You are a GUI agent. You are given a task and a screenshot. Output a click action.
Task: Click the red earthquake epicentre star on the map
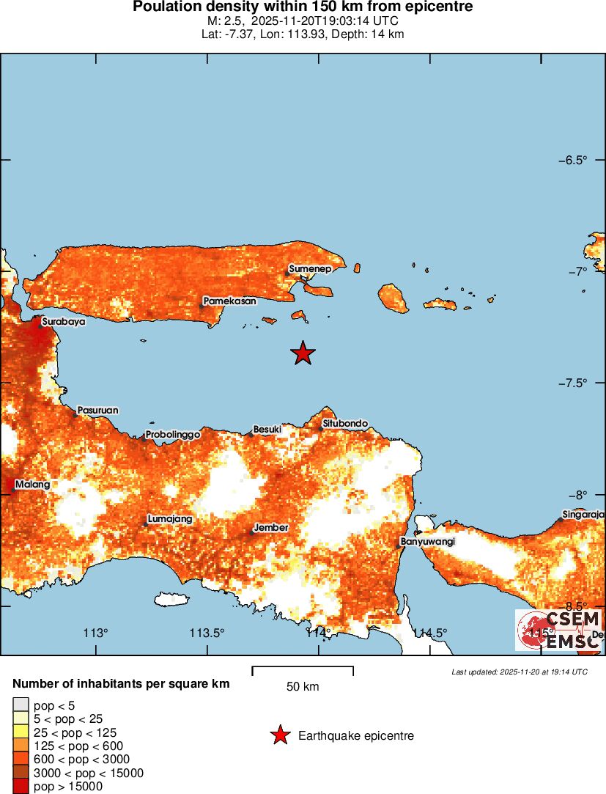coord(303,353)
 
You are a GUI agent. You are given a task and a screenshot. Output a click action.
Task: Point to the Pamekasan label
coord(230,301)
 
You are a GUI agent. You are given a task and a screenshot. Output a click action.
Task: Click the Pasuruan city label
coord(97,411)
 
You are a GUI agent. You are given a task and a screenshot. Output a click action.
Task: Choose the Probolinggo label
coord(173,435)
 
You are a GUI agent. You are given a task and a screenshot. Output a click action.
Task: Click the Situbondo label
coord(345,423)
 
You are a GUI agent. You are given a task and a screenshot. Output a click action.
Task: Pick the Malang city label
coord(32,485)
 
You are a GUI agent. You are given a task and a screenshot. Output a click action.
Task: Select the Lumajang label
coord(170,519)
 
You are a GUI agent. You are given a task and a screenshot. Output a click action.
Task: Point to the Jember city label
coord(271,528)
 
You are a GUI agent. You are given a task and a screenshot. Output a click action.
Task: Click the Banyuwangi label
coord(428,542)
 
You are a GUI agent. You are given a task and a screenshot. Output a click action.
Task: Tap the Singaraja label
coord(583,514)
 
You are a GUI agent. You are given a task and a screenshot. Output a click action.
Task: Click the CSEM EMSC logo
coord(558,630)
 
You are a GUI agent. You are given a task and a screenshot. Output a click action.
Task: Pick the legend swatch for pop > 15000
coord(21,786)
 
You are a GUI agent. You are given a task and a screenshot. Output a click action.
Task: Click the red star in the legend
coord(279,735)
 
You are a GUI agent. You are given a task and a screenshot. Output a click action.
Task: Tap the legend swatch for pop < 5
coord(21,705)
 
